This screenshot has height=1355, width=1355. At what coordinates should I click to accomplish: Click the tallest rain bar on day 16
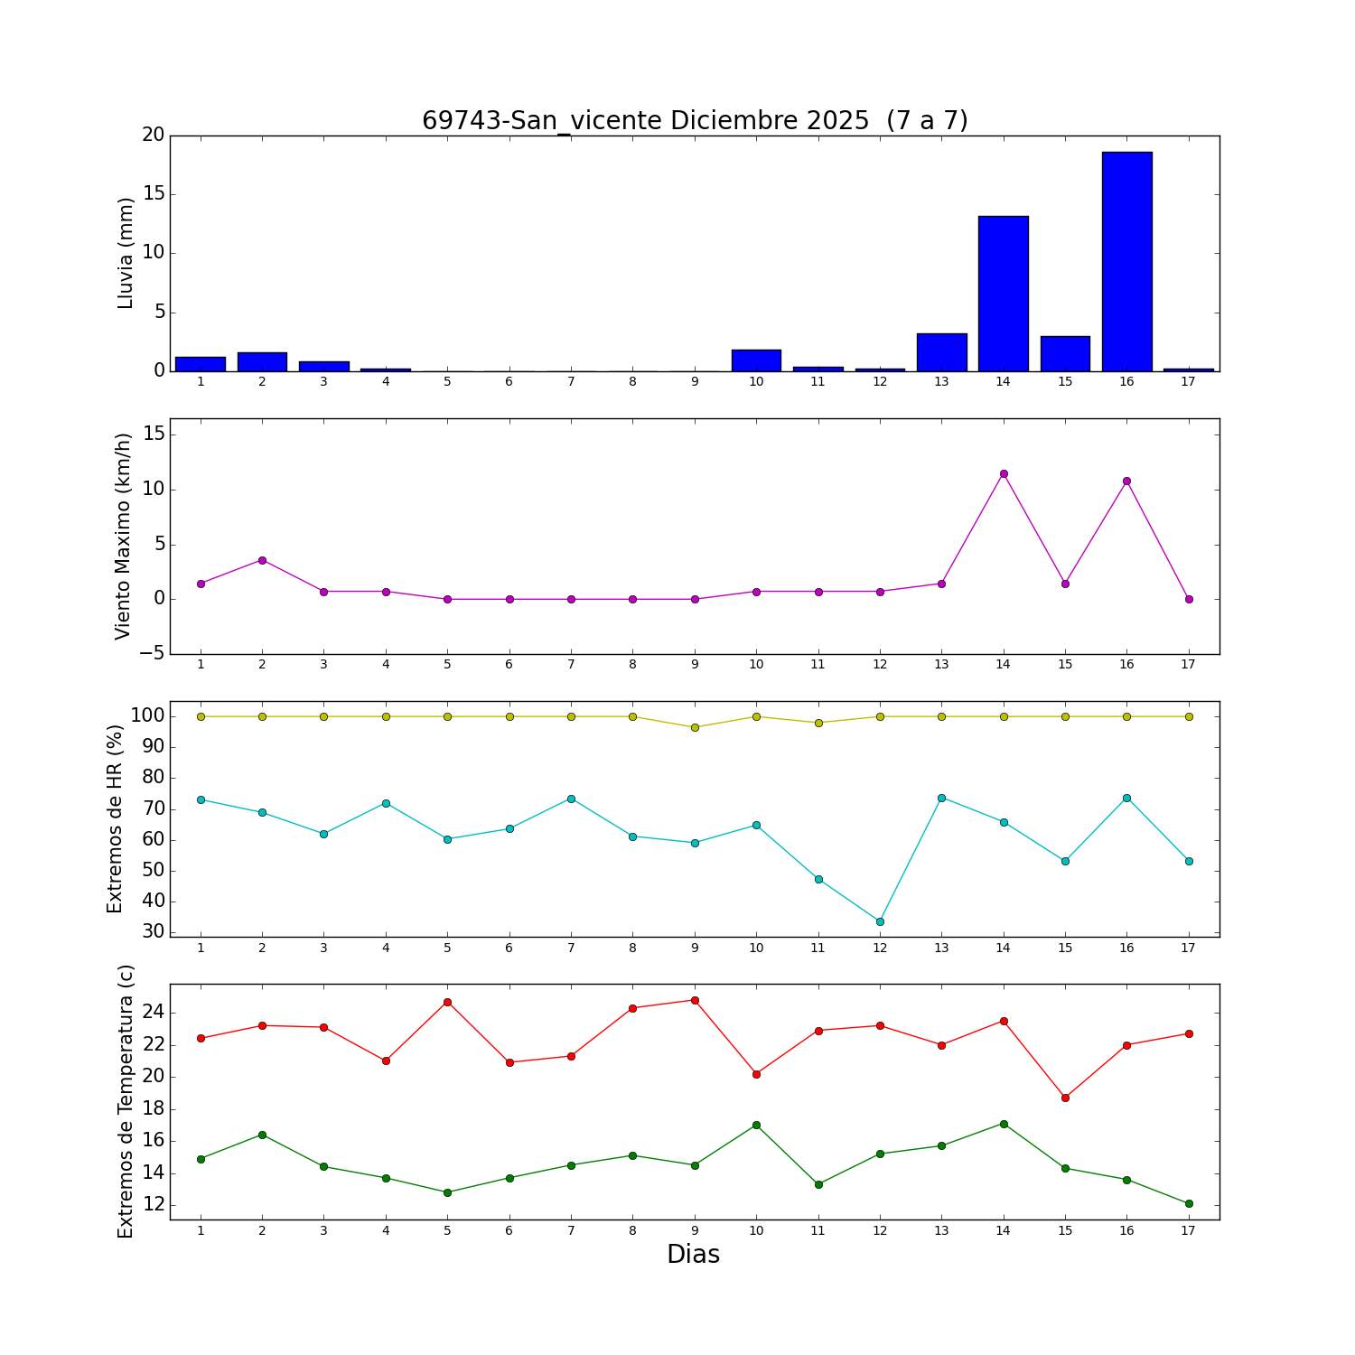[x=1126, y=262]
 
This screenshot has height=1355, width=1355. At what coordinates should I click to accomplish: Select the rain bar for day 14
[x=1003, y=294]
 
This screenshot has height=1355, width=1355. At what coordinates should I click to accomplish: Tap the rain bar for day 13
[x=941, y=352]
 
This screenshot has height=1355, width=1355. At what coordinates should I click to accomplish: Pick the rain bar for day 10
[x=756, y=360]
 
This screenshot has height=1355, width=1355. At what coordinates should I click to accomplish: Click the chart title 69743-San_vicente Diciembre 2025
[x=695, y=121]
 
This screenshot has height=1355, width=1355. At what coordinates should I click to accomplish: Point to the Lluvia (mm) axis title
[x=126, y=253]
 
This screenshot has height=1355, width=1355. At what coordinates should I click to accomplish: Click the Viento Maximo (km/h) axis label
[x=123, y=536]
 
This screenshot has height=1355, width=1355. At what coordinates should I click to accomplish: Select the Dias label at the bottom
[x=693, y=1254]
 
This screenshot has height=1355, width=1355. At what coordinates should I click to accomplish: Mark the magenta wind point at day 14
[x=1003, y=473]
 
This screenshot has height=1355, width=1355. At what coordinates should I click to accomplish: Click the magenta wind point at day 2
[x=262, y=560]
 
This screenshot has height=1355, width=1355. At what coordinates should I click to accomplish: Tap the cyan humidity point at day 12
[x=880, y=921]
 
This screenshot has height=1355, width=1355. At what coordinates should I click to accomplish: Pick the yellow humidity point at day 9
[x=695, y=727]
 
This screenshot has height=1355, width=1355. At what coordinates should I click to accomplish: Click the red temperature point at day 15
[x=1065, y=1098]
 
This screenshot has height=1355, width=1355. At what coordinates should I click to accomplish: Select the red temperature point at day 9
[x=695, y=1000]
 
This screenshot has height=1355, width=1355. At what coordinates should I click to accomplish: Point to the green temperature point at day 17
[x=1189, y=1203]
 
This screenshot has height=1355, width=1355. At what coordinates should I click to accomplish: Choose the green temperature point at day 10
[x=756, y=1125]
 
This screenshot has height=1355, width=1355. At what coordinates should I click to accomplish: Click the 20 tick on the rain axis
[x=153, y=135]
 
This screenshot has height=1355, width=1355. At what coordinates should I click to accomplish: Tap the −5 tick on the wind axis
[x=152, y=654]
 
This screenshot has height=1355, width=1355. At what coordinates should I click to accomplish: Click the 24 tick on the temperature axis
[x=153, y=1013]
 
